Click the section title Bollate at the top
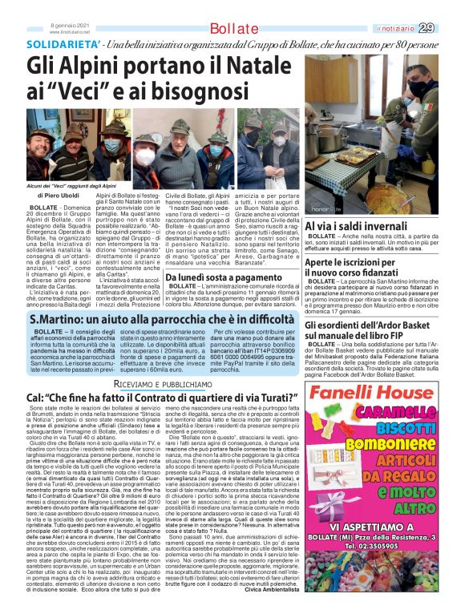[x=232, y=30]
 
